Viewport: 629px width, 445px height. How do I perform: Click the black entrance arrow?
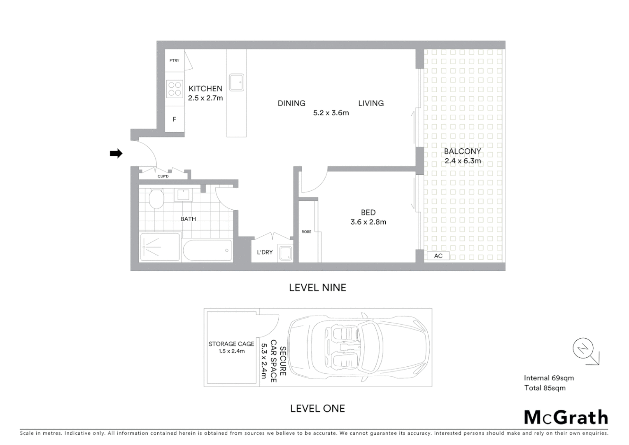tap(116, 154)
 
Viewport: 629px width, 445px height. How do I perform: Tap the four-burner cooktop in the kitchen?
tap(175, 89)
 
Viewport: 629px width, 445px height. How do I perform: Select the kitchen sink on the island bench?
tap(237, 82)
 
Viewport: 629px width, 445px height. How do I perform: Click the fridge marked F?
tap(175, 119)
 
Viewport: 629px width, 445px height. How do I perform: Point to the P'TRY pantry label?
tap(175, 61)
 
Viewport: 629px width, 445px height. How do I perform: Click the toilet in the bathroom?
tap(156, 199)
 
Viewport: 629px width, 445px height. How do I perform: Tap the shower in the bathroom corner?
tap(160, 247)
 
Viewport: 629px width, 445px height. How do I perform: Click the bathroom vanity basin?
tap(183, 194)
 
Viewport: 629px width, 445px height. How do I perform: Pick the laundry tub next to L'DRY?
tap(285, 253)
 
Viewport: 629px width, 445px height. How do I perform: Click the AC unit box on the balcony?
tap(438, 256)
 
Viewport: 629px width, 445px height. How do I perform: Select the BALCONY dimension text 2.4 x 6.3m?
tap(463, 161)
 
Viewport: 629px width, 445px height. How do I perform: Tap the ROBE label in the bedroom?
tap(306, 232)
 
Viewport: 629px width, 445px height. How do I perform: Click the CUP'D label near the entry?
tap(163, 176)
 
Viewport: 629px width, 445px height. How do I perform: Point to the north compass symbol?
tap(583, 349)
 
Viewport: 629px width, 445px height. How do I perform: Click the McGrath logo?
tap(566, 417)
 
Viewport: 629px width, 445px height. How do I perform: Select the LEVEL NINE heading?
tap(317, 288)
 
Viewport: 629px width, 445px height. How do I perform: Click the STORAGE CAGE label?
tap(231, 344)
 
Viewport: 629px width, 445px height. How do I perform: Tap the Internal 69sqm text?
tap(549, 378)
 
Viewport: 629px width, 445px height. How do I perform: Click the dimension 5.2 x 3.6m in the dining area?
tap(331, 113)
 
